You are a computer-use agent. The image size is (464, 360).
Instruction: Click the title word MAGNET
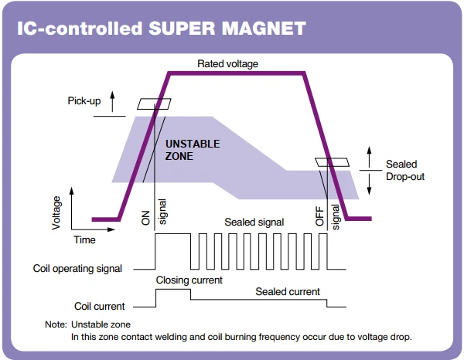click(x=264, y=29)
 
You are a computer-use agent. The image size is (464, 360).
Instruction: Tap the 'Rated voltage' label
click(x=227, y=64)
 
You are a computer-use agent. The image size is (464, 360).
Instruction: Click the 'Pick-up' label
click(x=84, y=100)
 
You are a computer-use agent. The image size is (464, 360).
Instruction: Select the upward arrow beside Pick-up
click(x=112, y=102)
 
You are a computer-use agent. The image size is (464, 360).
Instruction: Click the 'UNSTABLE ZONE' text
click(x=193, y=150)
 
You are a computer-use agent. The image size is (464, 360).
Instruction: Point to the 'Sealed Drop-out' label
click(x=405, y=170)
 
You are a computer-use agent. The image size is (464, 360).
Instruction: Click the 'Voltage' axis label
click(x=56, y=212)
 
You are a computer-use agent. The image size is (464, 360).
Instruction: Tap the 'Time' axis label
click(x=84, y=239)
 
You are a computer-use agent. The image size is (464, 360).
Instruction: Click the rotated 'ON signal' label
click(x=154, y=212)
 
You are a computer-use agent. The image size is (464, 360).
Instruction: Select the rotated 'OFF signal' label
click(x=327, y=217)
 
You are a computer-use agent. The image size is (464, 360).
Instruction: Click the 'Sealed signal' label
click(x=254, y=222)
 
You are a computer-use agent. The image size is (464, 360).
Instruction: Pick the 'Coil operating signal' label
click(x=77, y=269)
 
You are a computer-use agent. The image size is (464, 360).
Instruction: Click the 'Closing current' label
click(x=189, y=280)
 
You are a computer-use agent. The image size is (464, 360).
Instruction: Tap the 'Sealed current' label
click(x=288, y=292)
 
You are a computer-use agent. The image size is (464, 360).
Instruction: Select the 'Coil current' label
click(x=100, y=306)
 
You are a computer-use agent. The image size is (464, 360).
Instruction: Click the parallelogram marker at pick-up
click(x=154, y=104)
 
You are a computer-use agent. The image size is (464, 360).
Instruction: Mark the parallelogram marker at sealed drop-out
click(x=332, y=162)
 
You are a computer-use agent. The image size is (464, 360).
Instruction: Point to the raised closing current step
click(x=173, y=290)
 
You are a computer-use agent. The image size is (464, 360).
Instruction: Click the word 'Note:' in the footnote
click(x=56, y=324)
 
